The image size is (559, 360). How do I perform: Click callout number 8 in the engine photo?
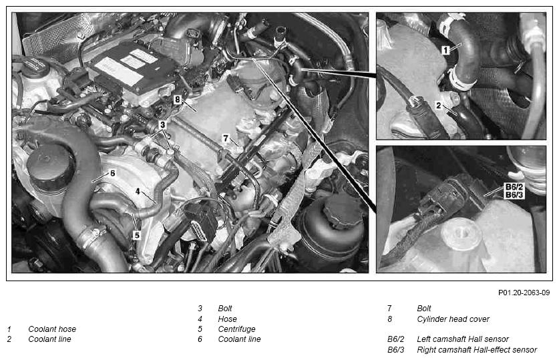(178, 100)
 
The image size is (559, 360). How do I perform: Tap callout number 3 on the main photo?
(162, 125)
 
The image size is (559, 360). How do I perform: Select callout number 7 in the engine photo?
(225, 138)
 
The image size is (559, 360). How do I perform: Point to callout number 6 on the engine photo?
(113, 173)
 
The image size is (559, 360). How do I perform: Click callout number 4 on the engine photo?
(138, 192)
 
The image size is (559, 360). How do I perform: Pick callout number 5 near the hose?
(137, 235)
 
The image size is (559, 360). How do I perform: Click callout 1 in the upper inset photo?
(445, 50)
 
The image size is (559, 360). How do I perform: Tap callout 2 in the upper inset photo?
(439, 106)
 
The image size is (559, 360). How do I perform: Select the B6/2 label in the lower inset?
(514, 187)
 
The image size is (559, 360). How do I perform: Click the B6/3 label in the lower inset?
(514, 194)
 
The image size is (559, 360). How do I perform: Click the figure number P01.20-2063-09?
(524, 293)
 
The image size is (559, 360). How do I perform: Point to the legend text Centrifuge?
(236, 329)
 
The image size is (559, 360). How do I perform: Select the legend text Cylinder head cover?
(453, 319)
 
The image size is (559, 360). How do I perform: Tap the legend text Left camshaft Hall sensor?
(463, 339)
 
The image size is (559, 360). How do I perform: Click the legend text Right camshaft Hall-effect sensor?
(477, 350)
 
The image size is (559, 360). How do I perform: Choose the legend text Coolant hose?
(52, 329)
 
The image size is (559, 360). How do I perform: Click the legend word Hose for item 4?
(228, 319)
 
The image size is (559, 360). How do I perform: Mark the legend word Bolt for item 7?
(424, 309)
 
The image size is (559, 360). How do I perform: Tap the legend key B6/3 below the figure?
(396, 350)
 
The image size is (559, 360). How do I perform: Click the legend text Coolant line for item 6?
(239, 339)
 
